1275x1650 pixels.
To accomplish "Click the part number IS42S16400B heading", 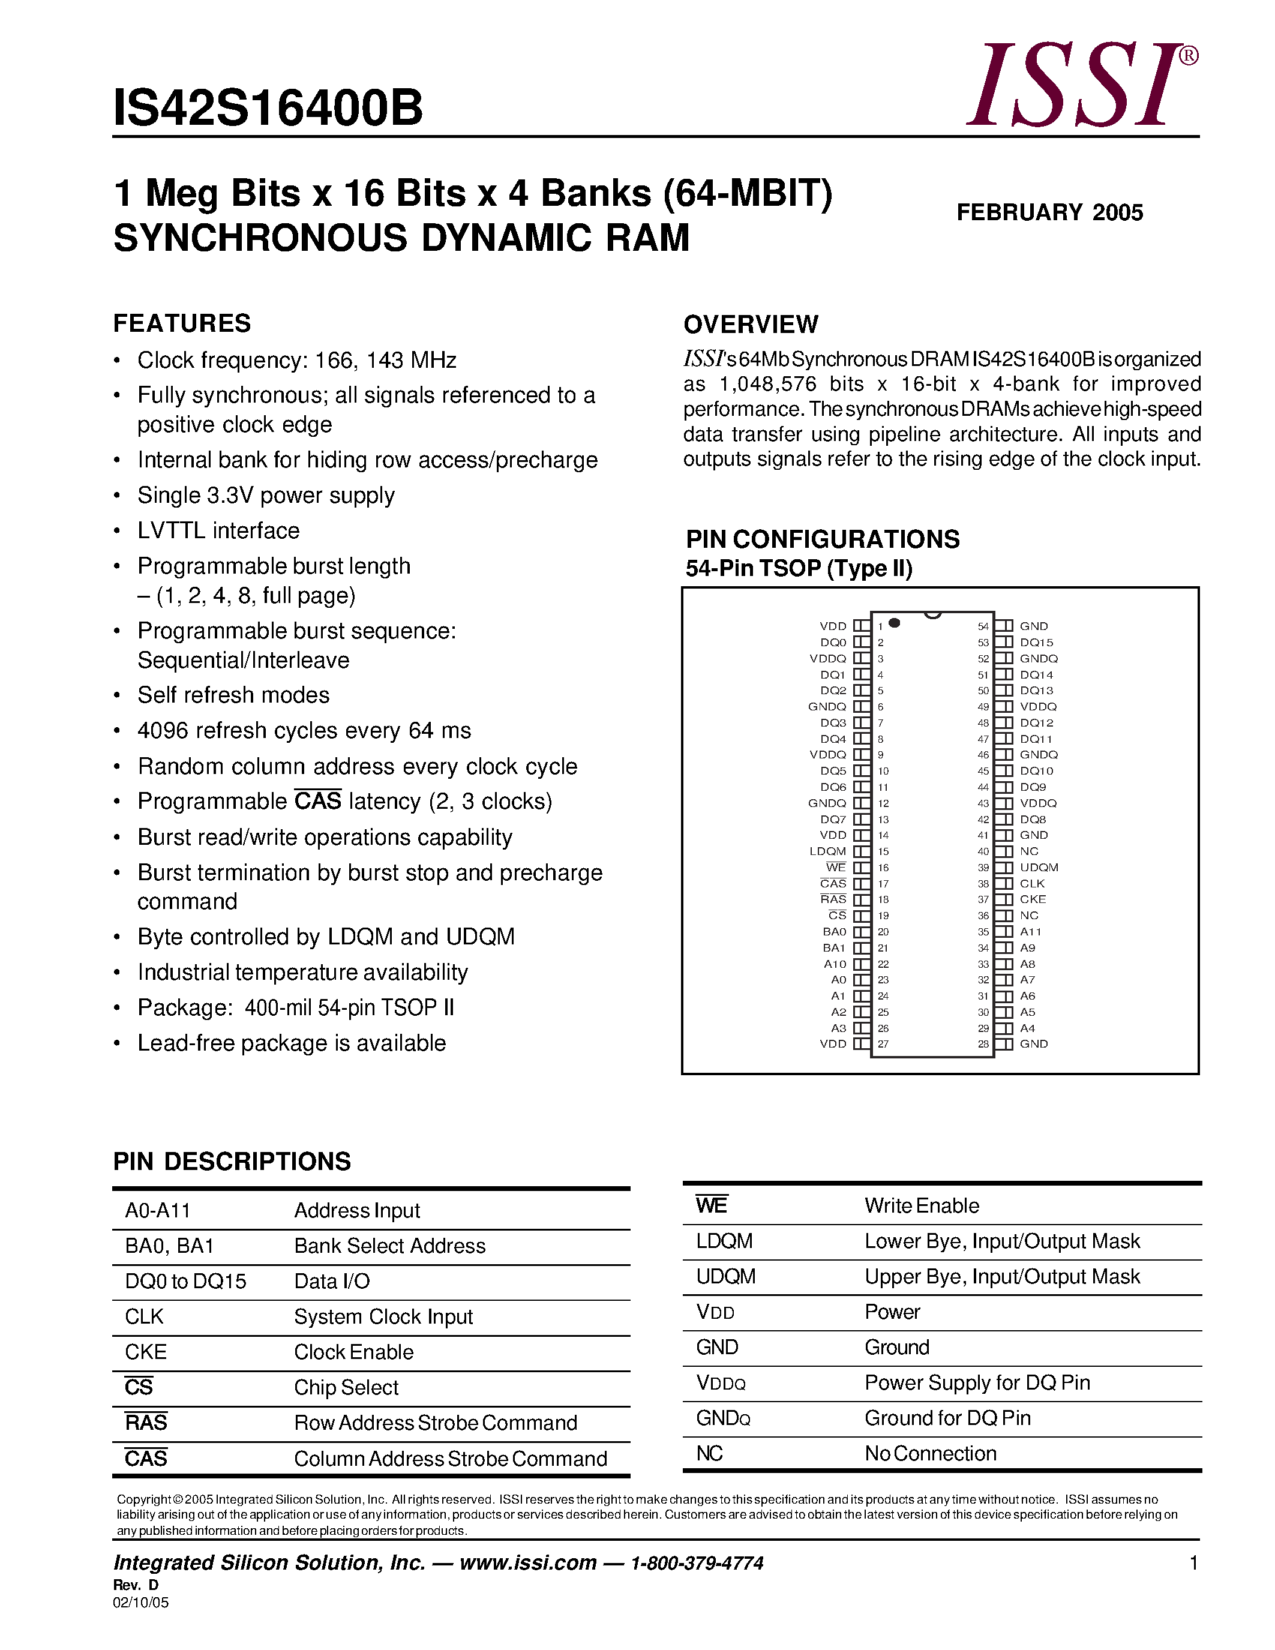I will [x=268, y=108].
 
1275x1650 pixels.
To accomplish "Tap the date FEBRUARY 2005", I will [x=1049, y=212].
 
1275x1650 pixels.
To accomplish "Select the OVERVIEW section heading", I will [x=750, y=324].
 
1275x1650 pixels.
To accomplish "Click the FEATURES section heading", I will [x=182, y=323].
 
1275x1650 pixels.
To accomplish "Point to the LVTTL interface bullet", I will [x=218, y=530].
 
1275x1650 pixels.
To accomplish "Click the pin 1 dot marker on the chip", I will [x=895, y=623].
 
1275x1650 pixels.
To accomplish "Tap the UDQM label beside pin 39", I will [x=1039, y=868].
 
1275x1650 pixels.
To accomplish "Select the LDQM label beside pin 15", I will [x=828, y=851].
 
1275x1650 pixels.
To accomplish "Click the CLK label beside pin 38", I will [x=1032, y=883].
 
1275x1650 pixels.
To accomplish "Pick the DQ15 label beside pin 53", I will [x=1036, y=642].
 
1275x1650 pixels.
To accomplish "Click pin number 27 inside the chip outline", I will [x=883, y=1044].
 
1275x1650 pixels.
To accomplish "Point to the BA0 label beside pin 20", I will [x=834, y=932].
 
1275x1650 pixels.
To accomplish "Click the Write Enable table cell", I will [x=922, y=1206].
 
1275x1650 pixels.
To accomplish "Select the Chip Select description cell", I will [x=346, y=1388].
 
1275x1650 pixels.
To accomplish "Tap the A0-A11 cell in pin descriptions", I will [x=158, y=1211].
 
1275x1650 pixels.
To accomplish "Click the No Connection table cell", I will [x=930, y=1454].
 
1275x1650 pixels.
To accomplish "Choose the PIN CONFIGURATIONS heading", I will [x=823, y=539].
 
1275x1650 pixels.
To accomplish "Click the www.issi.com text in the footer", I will [x=527, y=1563].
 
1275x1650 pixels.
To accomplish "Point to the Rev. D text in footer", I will [x=136, y=1585].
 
